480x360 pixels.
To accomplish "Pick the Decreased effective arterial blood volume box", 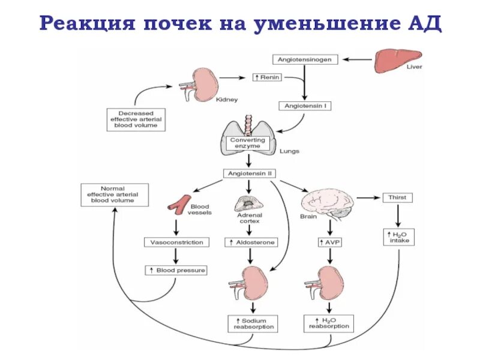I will (136, 118).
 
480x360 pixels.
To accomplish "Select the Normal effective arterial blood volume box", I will (112, 194).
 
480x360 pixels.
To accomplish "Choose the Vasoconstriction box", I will (176, 242).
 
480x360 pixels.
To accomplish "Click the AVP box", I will (329, 242).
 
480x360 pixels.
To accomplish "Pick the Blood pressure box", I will (176, 271).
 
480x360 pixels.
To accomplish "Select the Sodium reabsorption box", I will (251, 323).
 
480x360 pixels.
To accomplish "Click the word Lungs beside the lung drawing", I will (289, 151).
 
